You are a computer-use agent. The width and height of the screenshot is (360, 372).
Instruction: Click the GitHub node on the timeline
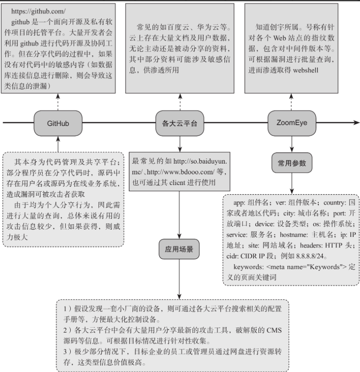point(58,123)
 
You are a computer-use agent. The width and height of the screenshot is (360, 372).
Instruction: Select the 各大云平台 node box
point(180,123)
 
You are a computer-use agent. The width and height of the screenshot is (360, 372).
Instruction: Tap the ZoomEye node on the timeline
point(290,123)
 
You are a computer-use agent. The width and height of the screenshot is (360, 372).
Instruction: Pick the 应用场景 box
point(180,248)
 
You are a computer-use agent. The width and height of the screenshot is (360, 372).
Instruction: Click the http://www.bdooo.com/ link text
point(180,172)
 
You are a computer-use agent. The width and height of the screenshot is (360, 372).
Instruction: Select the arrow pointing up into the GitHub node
point(58,144)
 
